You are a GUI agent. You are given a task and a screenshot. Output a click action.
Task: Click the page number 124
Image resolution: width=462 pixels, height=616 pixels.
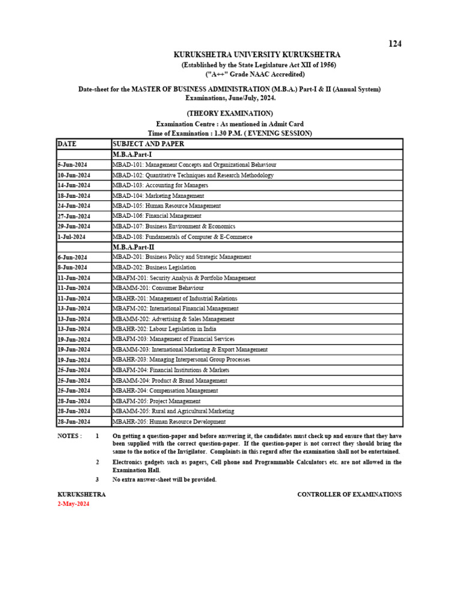[395, 43]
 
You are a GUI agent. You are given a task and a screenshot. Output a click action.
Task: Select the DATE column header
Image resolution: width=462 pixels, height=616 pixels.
[67, 144]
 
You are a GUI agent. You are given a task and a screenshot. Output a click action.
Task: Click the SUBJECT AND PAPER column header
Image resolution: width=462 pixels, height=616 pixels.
[148, 144]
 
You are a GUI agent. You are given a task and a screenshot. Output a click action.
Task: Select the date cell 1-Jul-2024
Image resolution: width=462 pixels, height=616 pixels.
[72, 237]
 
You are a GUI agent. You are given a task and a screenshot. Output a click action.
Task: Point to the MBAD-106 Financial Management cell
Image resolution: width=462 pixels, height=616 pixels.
[157, 216]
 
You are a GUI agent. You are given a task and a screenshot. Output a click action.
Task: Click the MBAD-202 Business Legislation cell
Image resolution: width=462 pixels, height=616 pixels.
[154, 268]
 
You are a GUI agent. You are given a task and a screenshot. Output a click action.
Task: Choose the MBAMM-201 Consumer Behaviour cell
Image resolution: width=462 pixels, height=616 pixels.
[158, 288]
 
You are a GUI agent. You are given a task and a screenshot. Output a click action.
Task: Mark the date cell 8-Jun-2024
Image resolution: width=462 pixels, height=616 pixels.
[73, 268]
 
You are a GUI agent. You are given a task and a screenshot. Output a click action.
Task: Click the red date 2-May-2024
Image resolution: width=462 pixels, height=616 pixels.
[73, 504]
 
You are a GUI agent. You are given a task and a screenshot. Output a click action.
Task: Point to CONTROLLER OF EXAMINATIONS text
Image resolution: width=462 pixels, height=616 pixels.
[350, 494]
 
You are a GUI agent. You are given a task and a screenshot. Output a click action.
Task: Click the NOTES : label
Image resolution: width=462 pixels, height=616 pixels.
[70, 436]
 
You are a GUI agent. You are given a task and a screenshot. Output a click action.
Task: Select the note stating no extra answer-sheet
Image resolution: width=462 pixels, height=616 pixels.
[164, 480]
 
